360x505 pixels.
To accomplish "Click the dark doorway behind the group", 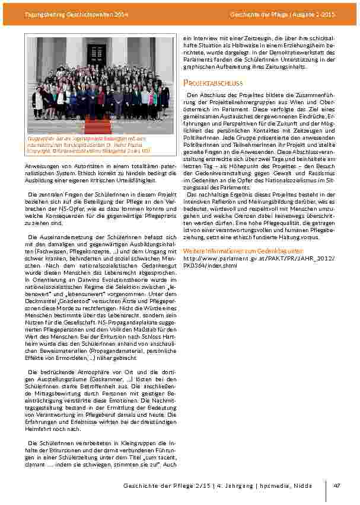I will point(96,54).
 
